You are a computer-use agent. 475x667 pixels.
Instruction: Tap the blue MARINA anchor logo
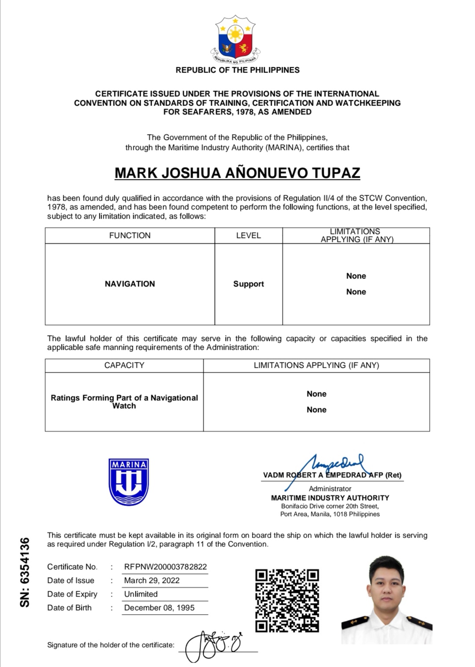tap(128, 482)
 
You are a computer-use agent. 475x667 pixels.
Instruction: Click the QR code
tap(287, 601)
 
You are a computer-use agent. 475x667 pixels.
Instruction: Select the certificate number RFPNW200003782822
tap(165, 567)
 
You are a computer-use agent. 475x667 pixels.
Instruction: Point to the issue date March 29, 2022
tap(152, 580)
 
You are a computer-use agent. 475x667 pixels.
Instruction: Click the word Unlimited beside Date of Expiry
tap(141, 594)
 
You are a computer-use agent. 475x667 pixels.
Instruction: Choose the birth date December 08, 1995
tap(159, 608)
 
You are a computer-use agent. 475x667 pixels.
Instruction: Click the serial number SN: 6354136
tap(25, 572)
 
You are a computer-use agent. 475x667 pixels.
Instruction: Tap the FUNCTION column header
tap(130, 235)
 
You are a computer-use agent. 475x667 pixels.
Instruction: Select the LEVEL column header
tap(248, 235)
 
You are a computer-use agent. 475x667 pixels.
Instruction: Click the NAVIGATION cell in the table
tap(130, 284)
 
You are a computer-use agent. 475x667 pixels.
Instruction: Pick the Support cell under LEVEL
tap(248, 284)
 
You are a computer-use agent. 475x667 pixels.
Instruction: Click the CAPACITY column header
tap(124, 365)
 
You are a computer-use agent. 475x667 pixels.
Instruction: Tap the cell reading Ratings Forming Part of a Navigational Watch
tap(124, 401)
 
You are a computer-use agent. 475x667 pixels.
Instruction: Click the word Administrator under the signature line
tap(330, 488)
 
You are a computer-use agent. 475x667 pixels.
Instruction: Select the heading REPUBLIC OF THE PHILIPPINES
tap(237, 70)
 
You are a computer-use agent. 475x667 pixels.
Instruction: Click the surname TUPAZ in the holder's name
tap(336, 173)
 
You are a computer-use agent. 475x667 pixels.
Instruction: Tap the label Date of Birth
tap(69, 608)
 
